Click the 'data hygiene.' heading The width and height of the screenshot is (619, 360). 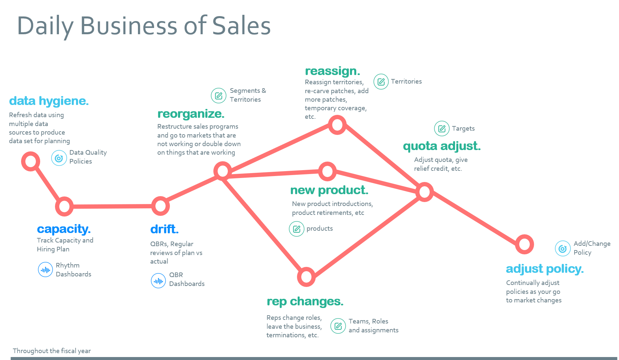point(49,101)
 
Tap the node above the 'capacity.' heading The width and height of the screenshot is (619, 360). point(64,206)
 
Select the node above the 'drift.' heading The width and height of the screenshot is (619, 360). point(160,206)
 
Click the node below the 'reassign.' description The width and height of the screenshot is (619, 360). point(337,125)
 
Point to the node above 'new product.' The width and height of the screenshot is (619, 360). point(327,171)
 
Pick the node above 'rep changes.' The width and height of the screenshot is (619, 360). point(306,277)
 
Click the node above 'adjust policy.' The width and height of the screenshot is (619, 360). point(524,244)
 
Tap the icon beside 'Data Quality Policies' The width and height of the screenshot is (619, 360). point(59,158)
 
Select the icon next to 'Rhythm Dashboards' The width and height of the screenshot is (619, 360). point(45,270)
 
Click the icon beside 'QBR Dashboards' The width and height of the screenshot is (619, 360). point(158,281)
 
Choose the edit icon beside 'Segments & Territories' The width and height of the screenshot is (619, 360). point(219,96)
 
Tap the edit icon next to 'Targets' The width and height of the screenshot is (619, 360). point(442,128)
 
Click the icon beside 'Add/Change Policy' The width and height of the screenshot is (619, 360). point(563,248)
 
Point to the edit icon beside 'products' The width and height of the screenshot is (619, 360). point(297,229)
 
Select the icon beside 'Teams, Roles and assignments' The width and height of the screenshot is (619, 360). point(338,326)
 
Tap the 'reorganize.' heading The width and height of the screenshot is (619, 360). point(191,114)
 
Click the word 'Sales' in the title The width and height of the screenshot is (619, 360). point(241,26)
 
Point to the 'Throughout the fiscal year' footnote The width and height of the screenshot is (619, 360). point(52,351)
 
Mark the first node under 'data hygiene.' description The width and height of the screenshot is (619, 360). point(31,161)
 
